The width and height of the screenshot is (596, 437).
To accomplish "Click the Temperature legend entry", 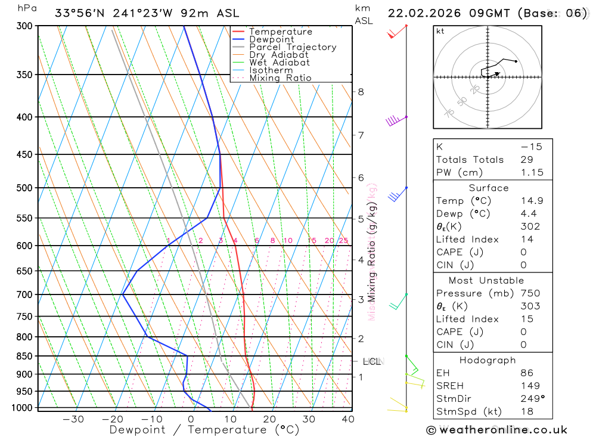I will tap(280, 32).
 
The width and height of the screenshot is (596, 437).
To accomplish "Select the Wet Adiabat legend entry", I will tap(279, 63).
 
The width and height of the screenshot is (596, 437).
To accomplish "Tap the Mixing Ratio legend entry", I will tap(280, 78).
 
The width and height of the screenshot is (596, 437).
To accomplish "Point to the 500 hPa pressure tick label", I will tap(24, 188).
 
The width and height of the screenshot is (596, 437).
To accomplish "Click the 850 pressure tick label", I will tap(24, 356).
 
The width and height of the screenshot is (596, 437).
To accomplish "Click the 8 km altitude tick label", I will tap(361, 92).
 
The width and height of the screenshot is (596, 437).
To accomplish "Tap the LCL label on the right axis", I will tap(372, 361).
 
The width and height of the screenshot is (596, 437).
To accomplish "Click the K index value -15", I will tap(531, 147).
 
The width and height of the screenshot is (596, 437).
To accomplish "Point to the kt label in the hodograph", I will tap(440, 31).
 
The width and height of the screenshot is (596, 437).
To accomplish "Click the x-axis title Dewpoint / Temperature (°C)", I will tap(204, 430).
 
